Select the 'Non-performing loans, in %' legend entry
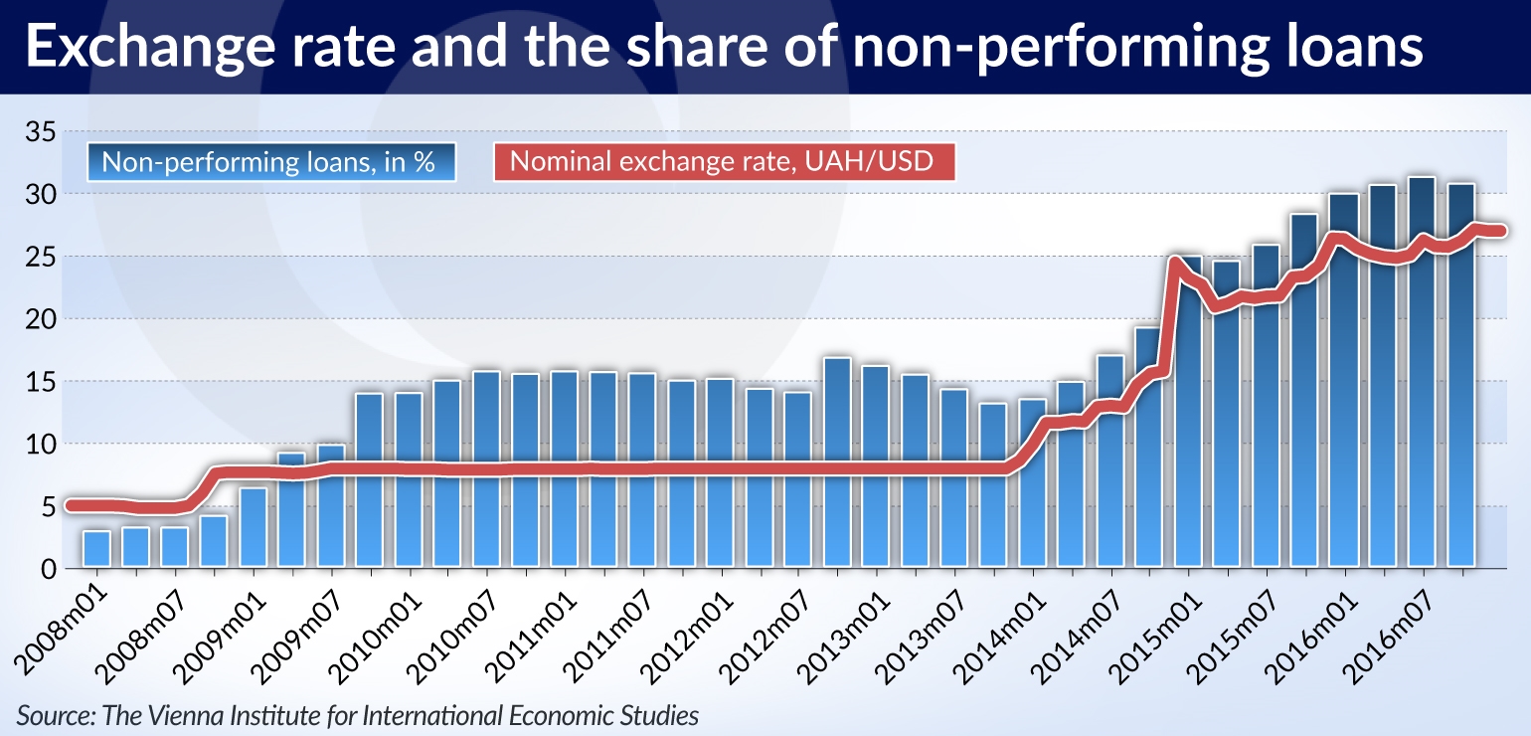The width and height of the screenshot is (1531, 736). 269,162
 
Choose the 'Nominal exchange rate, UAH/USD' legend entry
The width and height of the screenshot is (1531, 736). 723,162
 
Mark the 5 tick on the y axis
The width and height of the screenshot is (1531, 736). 45,506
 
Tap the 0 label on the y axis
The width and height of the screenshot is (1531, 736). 45,569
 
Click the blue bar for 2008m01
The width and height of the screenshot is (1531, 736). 96,549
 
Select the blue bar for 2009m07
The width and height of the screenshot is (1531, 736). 330,507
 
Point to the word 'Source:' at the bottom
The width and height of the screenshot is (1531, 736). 47,714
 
